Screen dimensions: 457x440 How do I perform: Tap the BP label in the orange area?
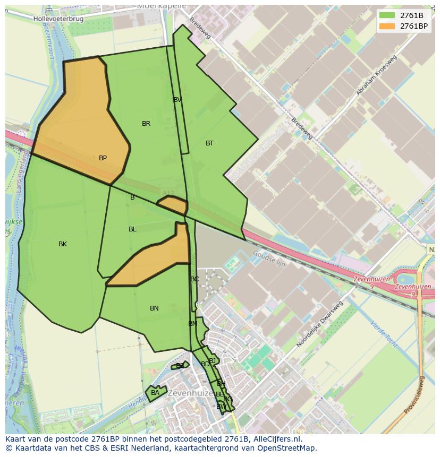click(103, 158)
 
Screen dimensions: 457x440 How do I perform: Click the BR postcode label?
click(146, 124)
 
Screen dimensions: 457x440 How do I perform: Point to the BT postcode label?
click(209, 143)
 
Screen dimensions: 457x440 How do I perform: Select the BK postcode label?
click(63, 244)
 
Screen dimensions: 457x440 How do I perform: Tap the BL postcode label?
click(132, 229)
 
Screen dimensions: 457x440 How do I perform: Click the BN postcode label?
click(154, 308)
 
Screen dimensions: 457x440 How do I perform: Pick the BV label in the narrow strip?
click(177, 100)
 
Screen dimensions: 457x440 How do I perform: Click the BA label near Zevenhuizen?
click(155, 393)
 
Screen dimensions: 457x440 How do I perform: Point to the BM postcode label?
click(192, 324)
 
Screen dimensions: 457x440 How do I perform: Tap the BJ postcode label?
click(212, 361)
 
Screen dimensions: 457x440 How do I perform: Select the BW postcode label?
click(221, 407)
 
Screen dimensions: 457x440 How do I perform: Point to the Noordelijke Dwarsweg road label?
click(319, 324)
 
